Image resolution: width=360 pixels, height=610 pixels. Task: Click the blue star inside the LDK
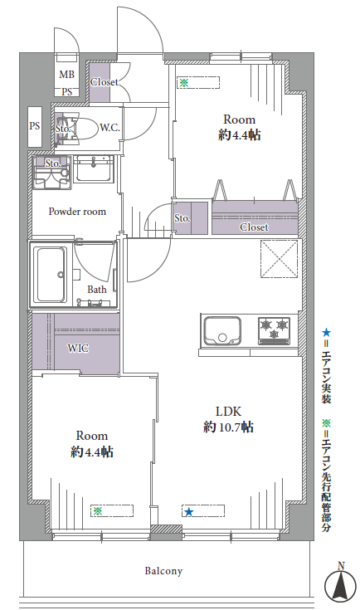[189, 511]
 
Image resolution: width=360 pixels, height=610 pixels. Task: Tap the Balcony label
[163, 571]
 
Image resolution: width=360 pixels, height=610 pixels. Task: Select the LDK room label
[229, 411]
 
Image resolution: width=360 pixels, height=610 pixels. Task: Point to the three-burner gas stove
[275, 330]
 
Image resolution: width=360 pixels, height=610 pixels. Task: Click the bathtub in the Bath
[51, 274]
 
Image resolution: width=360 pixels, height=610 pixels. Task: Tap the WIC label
[78, 348]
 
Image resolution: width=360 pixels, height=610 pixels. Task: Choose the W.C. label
[109, 128]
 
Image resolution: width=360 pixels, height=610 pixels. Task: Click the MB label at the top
[67, 74]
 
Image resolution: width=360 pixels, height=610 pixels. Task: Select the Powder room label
[77, 212]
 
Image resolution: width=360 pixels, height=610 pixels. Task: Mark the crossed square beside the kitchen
[280, 259]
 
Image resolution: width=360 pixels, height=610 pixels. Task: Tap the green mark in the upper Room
[184, 82]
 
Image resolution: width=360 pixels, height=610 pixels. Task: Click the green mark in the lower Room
[98, 510]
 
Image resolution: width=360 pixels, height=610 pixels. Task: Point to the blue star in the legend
[327, 333]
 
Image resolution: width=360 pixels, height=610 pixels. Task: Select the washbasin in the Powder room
[93, 168]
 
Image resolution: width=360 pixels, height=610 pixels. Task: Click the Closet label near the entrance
[104, 82]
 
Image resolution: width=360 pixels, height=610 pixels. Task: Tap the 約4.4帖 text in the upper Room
[240, 135]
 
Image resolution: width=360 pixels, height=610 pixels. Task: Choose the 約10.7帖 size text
[229, 427]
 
